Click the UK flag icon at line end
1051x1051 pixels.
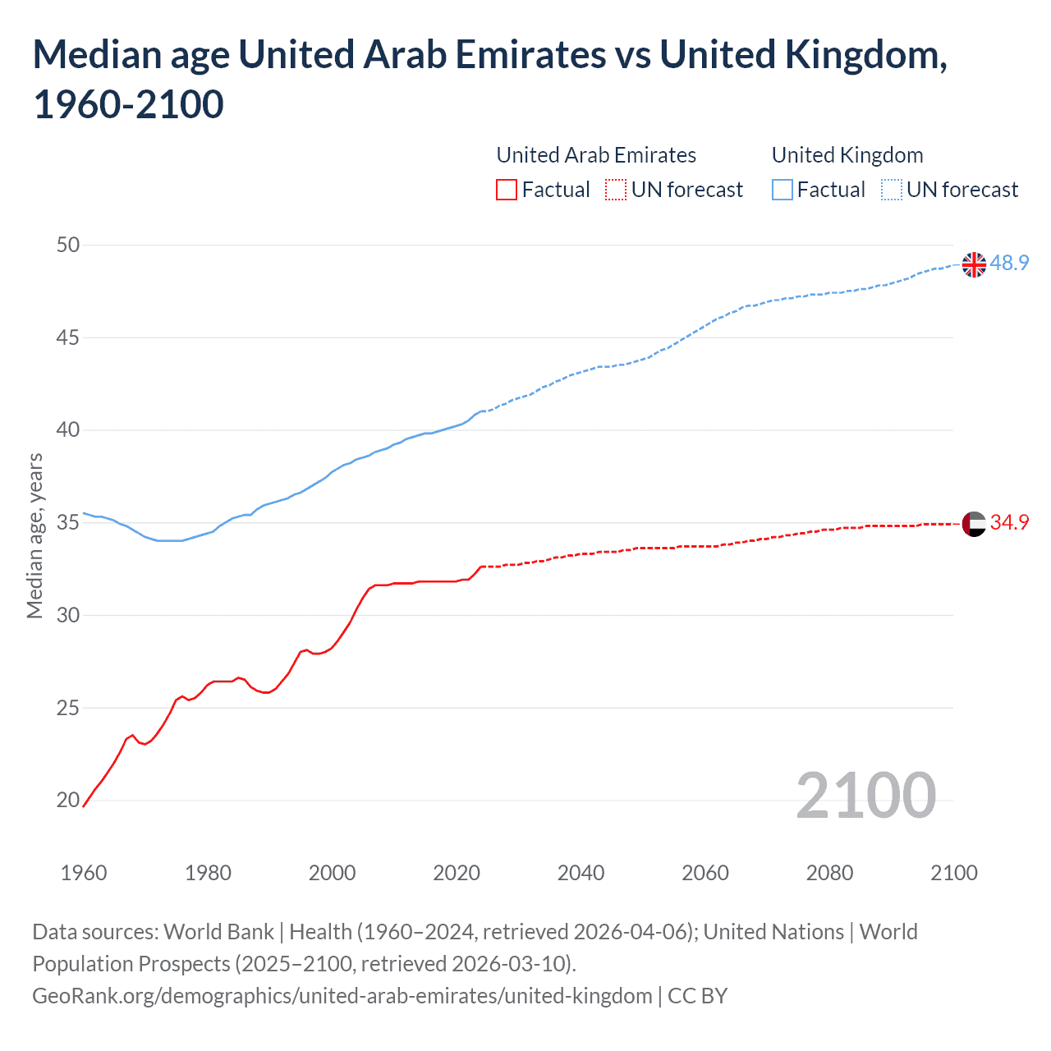(974, 264)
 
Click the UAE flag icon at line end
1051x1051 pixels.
(974, 523)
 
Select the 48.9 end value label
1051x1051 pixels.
(1009, 263)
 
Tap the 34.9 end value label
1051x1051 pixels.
(1009, 522)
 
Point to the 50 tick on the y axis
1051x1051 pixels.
(69, 245)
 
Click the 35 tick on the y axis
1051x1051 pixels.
(69, 522)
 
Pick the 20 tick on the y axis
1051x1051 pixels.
(69, 800)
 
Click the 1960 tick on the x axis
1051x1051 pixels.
(84, 872)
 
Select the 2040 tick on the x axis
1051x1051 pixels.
(581, 872)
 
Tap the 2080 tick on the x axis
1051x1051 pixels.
(829, 872)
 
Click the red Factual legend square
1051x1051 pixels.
(507, 190)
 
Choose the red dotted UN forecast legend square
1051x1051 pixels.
(616, 190)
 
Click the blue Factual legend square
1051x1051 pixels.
(783, 190)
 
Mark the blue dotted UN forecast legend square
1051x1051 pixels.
(891, 190)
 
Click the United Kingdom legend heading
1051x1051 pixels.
(847, 155)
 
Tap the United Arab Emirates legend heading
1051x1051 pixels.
(596, 155)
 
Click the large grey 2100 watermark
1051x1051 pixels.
(865, 795)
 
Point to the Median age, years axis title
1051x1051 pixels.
(34, 535)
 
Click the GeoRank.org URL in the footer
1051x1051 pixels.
(342, 996)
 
